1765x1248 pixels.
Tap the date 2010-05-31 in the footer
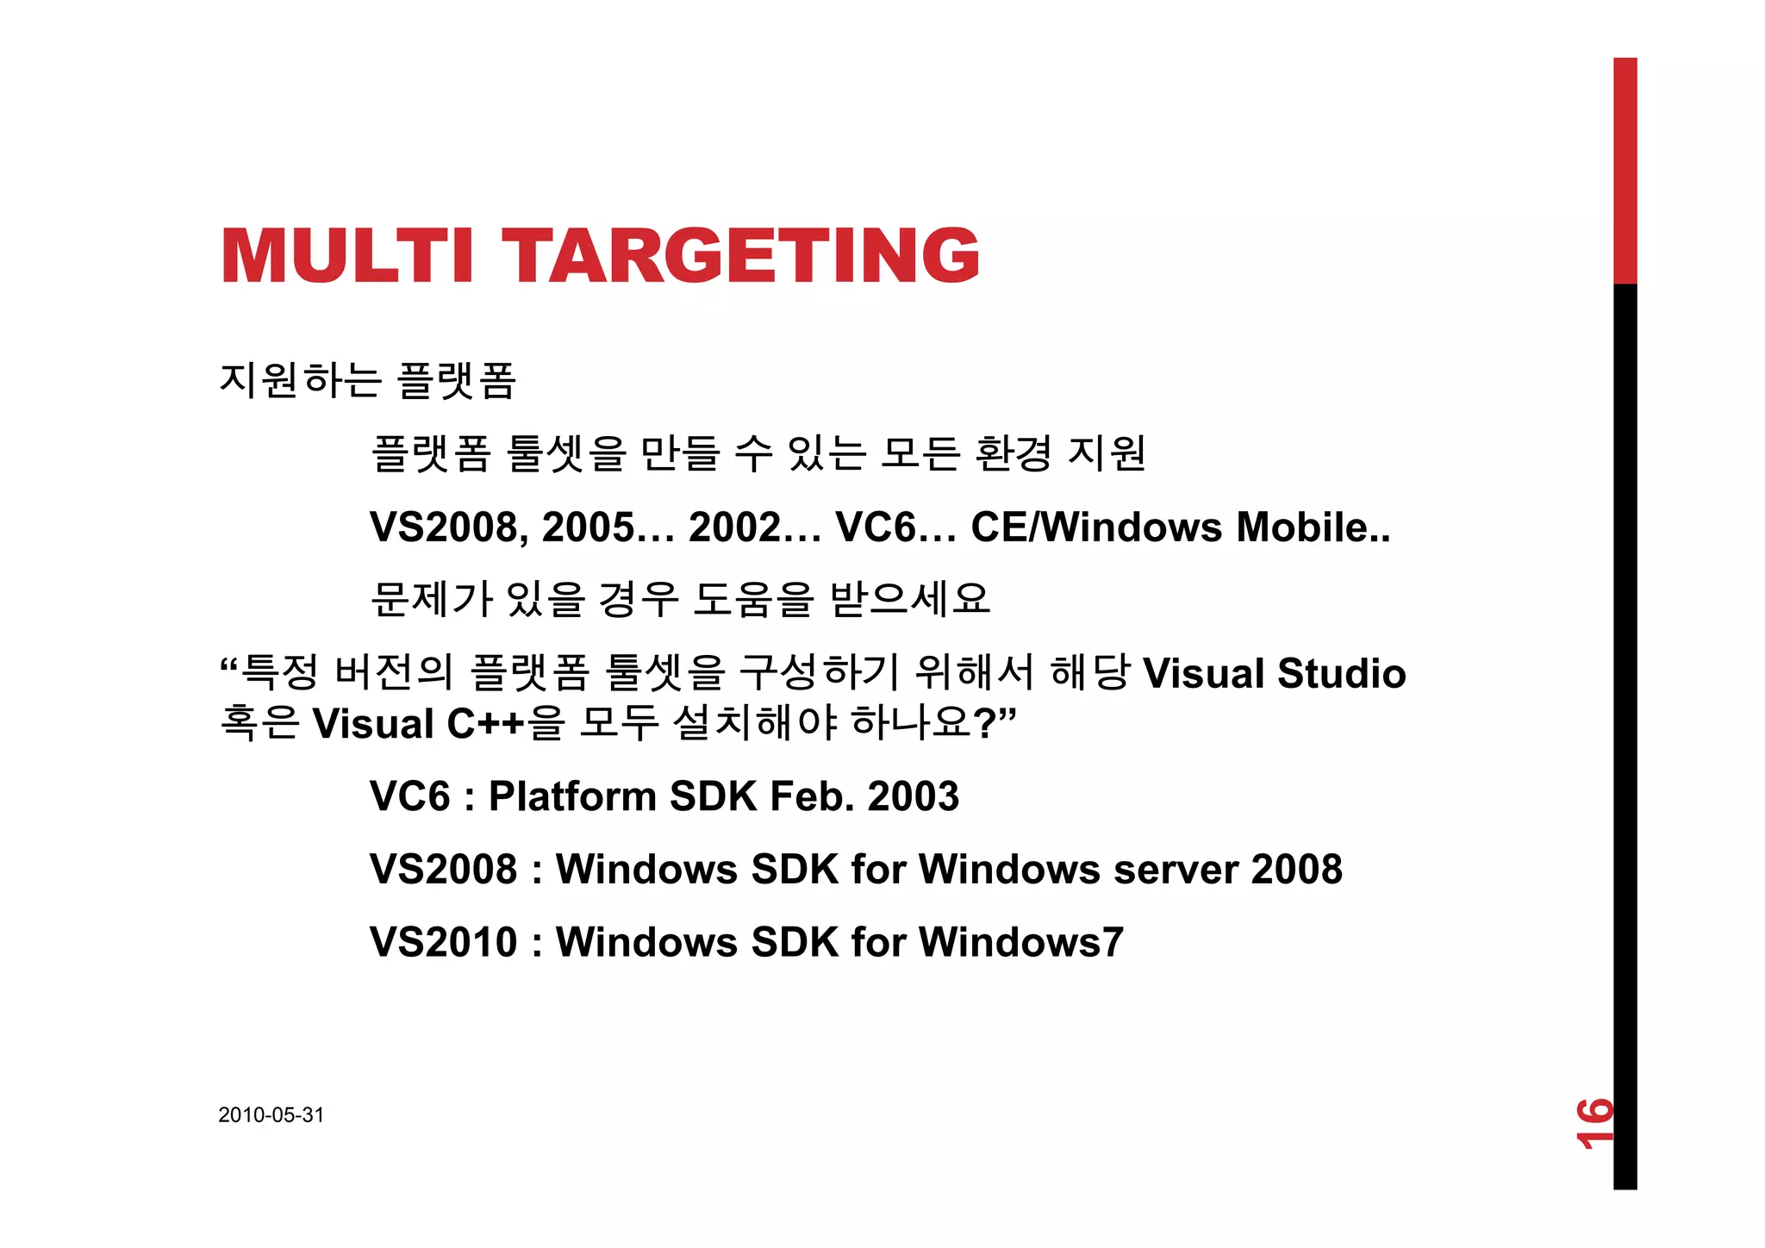(271, 1114)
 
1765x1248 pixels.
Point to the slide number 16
(1593, 1122)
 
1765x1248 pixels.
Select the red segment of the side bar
(1625, 170)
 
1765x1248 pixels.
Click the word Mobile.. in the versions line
(1313, 527)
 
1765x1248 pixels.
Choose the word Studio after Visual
(1341, 673)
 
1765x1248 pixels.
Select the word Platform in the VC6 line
(572, 796)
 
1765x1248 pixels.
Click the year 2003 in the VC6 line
(913, 796)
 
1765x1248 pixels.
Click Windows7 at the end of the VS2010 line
(1021, 941)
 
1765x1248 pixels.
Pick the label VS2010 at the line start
(443, 941)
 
